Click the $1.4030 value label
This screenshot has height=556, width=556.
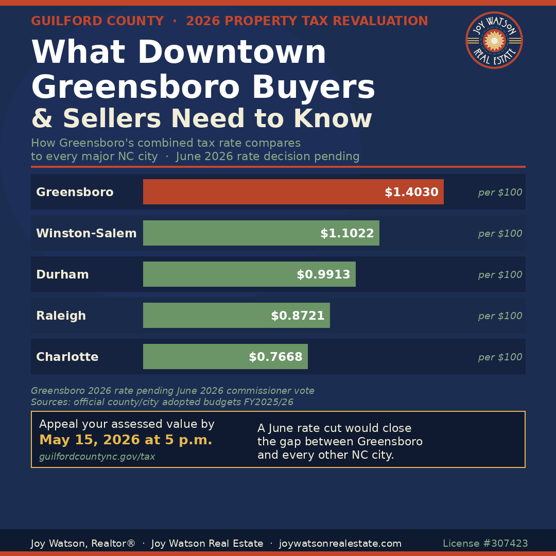[x=411, y=193]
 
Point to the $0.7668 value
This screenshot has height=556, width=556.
[x=275, y=357]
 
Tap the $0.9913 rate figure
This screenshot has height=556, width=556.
[x=323, y=275]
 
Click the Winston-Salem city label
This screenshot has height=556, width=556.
[x=86, y=234]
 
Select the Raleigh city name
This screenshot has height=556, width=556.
[x=61, y=316]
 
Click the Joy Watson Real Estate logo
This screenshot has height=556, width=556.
[x=494, y=40]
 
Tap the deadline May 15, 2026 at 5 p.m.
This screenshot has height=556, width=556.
[x=126, y=440]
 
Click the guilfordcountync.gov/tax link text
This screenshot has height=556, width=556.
[x=97, y=457]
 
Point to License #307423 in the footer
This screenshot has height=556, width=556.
[x=485, y=544]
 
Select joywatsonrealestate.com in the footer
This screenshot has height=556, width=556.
[x=340, y=544]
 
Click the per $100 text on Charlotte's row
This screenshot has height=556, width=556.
[x=500, y=357]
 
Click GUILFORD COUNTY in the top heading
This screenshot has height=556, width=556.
[x=97, y=22]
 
